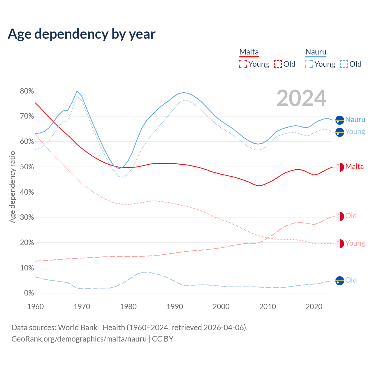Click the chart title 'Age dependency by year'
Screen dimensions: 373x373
pos(82,34)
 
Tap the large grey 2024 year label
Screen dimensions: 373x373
pos(301,98)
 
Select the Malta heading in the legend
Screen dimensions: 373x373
pos(249,52)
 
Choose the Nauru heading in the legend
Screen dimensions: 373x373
pos(316,52)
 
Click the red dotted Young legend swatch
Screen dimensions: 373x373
pos(243,64)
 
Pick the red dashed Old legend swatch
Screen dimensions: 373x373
pos(278,64)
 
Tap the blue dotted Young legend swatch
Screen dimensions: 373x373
pos(309,64)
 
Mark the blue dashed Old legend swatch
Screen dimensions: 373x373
pos(344,64)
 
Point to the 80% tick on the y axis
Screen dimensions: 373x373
pos(27,91)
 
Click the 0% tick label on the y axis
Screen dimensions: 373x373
pos(29,293)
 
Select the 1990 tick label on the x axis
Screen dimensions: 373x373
pos(175,307)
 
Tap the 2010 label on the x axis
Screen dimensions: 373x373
pos(268,307)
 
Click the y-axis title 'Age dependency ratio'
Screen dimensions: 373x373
pos(12,187)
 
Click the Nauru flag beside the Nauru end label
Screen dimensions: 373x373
pos(340,120)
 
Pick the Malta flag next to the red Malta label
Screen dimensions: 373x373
pos(340,167)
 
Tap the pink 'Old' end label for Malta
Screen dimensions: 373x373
pos(351,216)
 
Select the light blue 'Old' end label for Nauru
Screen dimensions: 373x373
pos(351,280)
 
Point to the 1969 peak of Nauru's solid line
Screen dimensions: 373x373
pos(77,91)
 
